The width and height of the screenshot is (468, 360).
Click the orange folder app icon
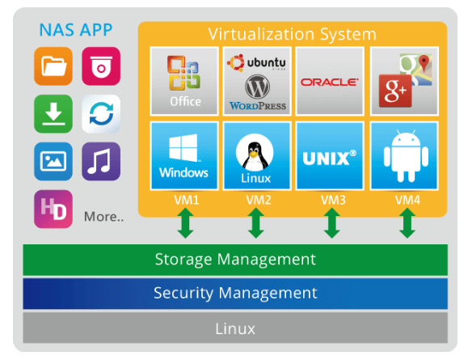click(x=53, y=66)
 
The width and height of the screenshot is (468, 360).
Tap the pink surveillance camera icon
click(x=101, y=66)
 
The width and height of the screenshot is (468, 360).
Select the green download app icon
click(x=53, y=114)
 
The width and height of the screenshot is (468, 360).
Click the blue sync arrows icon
click(x=101, y=114)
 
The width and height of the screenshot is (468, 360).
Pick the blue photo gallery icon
click(x=53, y=161)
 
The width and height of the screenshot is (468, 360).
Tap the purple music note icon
click(x=101, y=161)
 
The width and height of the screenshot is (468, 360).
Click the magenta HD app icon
click(x=53, y=210)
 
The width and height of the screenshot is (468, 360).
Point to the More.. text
click(x=104, y=217)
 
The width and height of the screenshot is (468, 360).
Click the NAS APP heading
click(x=76, y=30)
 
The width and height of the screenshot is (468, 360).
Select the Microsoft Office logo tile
click(x=184, y=81)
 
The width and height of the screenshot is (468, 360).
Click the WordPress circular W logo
click(x=257, y=87)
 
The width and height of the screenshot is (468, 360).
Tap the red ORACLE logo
click(x=330, y=82)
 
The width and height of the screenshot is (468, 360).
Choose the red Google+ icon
click(x=395, y=91)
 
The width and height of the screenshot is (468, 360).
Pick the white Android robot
click(x=406, y=156)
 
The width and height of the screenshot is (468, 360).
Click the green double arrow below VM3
click(x=331, y=222)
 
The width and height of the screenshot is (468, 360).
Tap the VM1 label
click(x=187, y=200)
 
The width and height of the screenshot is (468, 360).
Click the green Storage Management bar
click(x=235, y=260)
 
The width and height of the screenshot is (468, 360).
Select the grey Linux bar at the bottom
click(x=235, y=328)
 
